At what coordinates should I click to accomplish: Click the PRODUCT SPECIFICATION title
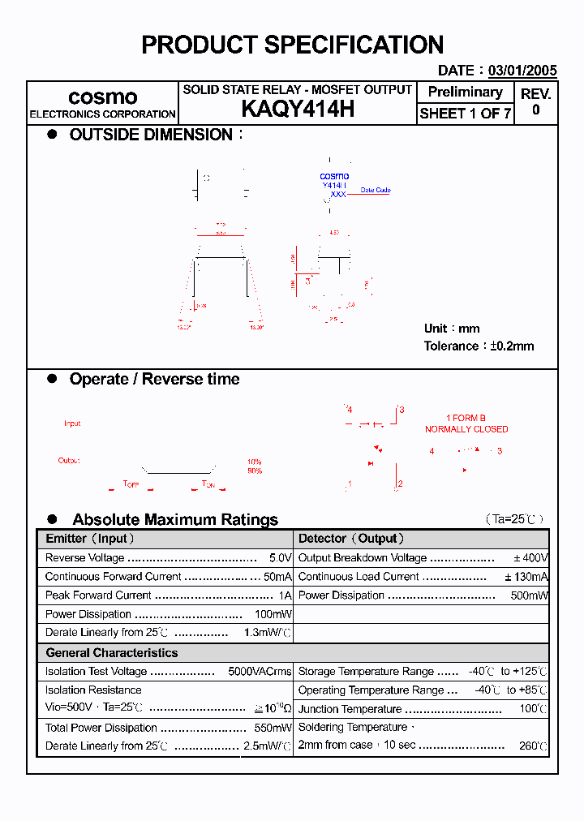point(292,45)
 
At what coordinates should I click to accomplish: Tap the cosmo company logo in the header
point(102,97)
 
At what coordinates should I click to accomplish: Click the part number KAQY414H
point(298,110)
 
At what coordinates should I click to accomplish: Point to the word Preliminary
point(465,92)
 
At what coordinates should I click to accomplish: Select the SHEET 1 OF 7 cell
point(465,114)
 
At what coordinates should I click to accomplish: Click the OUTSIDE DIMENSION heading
point(151,135)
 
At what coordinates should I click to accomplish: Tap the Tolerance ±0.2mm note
point(479,346)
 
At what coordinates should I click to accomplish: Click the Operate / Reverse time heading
point(154,379)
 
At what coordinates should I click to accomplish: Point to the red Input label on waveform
point(72,423)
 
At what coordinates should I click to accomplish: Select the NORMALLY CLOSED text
point(466,429)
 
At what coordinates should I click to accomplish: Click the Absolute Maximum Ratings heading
point(174,519)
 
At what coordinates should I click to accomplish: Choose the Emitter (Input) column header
point(90,539)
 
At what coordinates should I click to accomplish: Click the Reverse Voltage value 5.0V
point(280,558)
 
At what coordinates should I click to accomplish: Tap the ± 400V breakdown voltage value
point(530,558)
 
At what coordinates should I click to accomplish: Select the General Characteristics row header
point(111,652)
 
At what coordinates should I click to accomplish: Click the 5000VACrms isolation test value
point(260,671)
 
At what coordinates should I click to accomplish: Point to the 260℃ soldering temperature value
point(533,746)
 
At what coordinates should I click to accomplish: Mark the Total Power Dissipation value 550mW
point(273,728)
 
